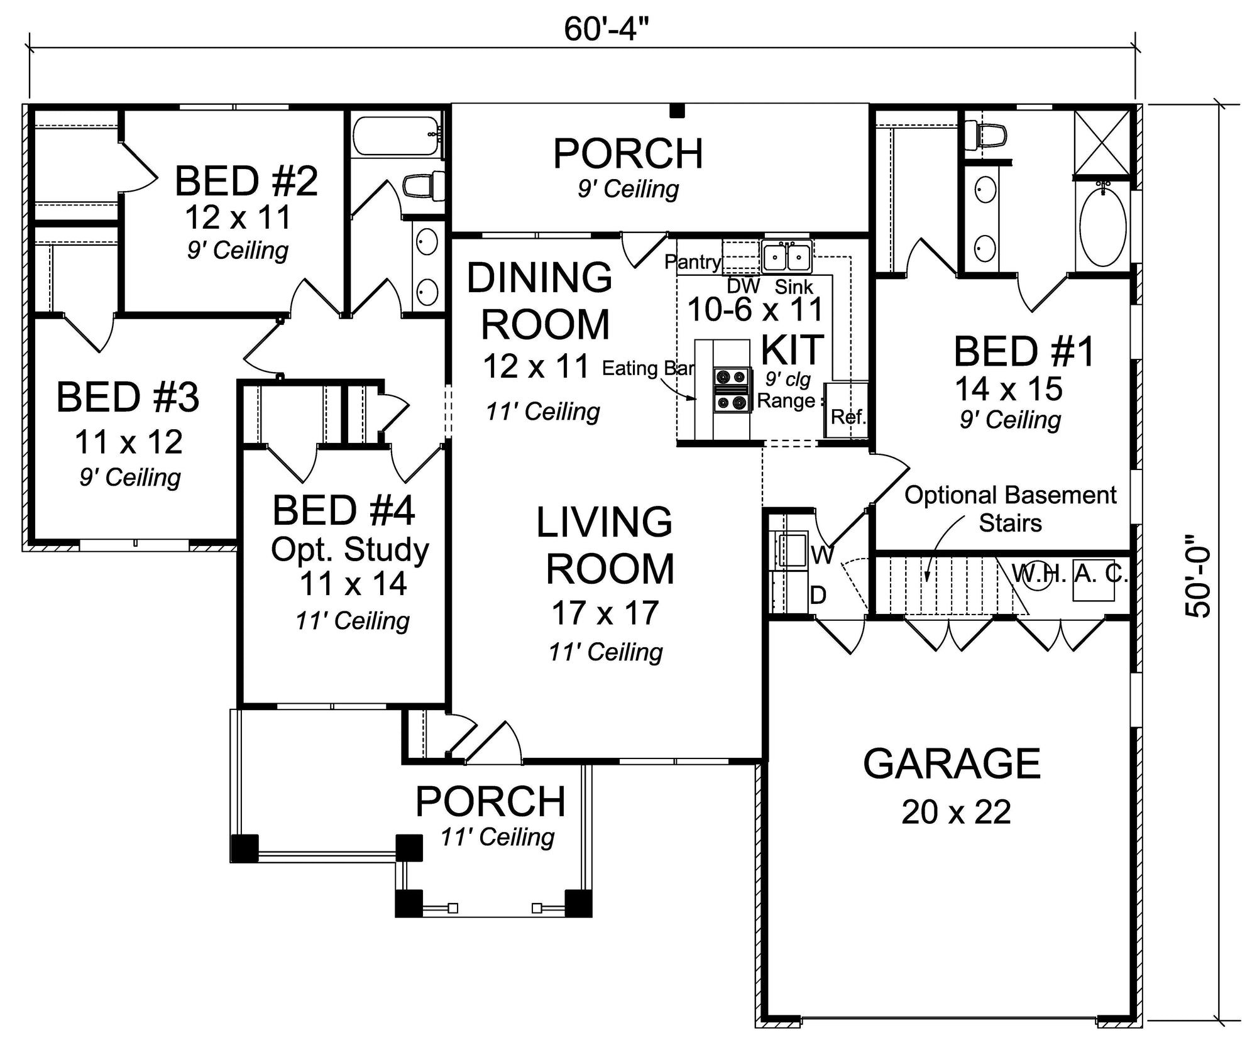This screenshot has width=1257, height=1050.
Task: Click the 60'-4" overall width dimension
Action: coord(606,29)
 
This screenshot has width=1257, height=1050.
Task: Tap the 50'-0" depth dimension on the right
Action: coord(1198,576)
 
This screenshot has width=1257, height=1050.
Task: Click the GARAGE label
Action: coord(952,763)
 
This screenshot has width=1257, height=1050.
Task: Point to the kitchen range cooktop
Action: coord(732,390)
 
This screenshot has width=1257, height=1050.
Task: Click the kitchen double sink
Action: coord(786,256)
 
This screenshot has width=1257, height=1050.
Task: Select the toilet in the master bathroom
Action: coord(985,136)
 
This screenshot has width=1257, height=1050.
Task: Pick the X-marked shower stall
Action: coord(1102,143)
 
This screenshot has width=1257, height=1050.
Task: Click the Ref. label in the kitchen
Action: coord(848,416)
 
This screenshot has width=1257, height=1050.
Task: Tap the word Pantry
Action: coord(693,262)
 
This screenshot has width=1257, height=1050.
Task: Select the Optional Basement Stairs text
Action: coord(1010,509)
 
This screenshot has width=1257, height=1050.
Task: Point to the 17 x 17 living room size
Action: coord(605,613)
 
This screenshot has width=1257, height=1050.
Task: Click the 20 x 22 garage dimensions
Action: coord(956,812)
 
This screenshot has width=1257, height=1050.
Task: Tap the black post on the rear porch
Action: coord(676,111)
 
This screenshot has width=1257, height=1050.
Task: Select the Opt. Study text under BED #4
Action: coord(349,550)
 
